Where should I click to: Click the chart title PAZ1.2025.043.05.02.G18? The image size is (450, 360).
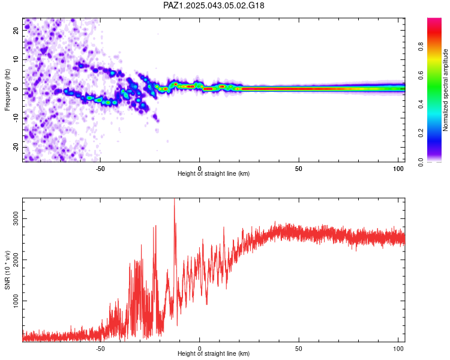(x=214, y=5)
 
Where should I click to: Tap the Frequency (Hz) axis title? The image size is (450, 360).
(x=7, y=89)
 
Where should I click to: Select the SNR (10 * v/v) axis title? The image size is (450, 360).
(x=7, y=270)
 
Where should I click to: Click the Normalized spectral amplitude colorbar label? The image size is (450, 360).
(x=445, y=90)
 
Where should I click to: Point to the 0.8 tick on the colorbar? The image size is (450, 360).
(x=421, y=46)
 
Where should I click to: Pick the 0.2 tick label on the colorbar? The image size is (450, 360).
(x=421, y=133)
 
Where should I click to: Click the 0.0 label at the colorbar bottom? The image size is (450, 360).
(x=421, y=162)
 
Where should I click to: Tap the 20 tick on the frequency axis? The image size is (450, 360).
(x=16, y=31)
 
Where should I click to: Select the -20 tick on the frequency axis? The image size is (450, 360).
(x=16, y=147)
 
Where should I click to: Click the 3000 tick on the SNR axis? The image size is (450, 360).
(x=16, y=219)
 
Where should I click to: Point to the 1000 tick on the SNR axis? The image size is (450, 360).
(x=16, y=301)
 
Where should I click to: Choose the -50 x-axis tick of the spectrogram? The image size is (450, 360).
(x=100, y=169)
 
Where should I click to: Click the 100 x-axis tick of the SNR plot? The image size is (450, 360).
(x=398, y=349)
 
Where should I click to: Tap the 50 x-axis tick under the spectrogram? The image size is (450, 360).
(x=299, y=169)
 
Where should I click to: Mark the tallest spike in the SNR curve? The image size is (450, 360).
(x=174, y=199)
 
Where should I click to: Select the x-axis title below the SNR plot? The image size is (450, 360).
(x=214, y=353)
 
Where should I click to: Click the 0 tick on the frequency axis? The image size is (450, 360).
(x=16, y=89)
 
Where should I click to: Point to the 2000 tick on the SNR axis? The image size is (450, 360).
(x=16, y=260)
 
